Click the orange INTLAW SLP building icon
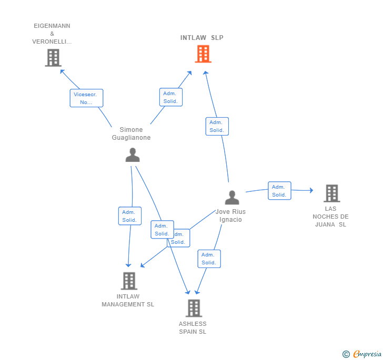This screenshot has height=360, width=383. click(x=203, y=54)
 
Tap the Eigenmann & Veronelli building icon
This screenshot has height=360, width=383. click(x=53, y=58)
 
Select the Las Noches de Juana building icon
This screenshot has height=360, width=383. click(x=331, y=193)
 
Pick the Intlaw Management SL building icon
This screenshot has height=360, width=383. click(x=129, y=281)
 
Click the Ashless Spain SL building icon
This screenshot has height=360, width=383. click(x=194, y=308)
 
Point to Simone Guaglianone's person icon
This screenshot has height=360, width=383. click(x=133, y=155)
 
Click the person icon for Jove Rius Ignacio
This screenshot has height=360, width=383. click(x=232, y=198)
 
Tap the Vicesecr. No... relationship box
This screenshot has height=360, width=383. click(x=86, y=98)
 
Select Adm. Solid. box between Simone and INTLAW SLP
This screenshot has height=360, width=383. click(x=170, y=97)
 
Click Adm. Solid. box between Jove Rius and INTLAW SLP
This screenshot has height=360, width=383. click(x=217, y=126)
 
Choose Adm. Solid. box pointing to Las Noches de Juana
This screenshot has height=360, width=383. click(x=279, y=190)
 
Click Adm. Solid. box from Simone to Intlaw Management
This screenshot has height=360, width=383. click(x=129, y=216)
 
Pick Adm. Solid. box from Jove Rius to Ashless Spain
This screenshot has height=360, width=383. click(x=209, y=259)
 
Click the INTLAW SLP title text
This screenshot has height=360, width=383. click(x=202, y=38)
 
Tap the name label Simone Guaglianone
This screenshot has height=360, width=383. click(x=131, y=134)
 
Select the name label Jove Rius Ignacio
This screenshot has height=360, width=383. click(x=231, y=215)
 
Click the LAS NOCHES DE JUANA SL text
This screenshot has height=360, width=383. click(x=330, y=217)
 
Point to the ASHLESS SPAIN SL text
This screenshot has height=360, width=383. click(x=193, y=327)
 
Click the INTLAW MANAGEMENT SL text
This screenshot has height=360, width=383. click(x=128, y=300)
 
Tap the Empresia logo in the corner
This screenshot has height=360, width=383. click(x=362, y=354)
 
